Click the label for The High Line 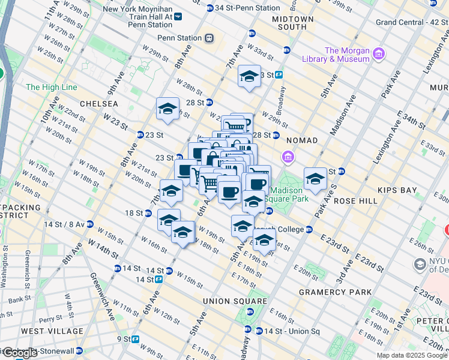point(52,87)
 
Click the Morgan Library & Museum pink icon point(379,55)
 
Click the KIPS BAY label point(397,190)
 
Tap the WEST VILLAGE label point(52,331)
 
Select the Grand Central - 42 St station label point(412,22)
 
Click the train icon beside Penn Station point(209,38)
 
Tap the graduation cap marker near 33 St point(249,76)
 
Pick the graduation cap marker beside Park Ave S point(315,178)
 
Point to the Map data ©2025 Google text point(412,355)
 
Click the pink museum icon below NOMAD point(289,158)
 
